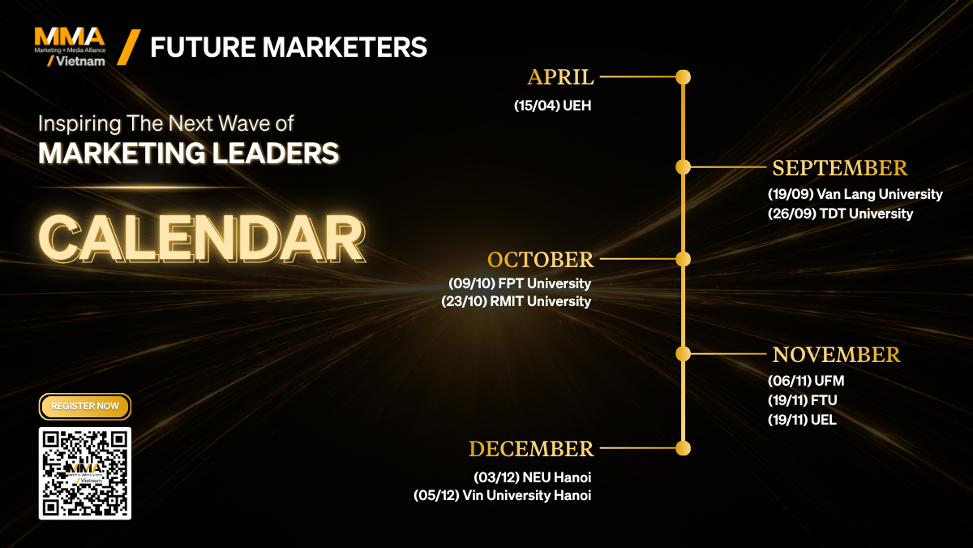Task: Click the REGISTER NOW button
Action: coord(84,406)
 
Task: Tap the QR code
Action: coord(84,473)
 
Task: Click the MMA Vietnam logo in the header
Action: coord(70,47)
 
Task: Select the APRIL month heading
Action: coord(560,77)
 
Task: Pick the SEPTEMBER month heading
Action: coord(840,168)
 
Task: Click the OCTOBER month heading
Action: coord(540,260)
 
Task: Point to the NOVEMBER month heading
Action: coord(836,355)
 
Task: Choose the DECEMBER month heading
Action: coord(531,449)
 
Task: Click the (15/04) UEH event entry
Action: coord(552,106)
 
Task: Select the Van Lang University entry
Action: coord(855,194)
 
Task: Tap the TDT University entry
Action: coord(840,214)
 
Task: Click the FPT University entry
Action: coord(520,283)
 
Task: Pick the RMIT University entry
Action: coord(516,301)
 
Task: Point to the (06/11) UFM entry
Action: coord(806,381)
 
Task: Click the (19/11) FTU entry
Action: coord(802,400)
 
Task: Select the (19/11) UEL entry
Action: coord(802,420)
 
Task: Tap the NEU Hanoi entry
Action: coord(532,477)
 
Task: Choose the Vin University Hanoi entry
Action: coord(502,495)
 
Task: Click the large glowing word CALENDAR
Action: coord(202,239)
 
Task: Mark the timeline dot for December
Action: coord(683,448)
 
